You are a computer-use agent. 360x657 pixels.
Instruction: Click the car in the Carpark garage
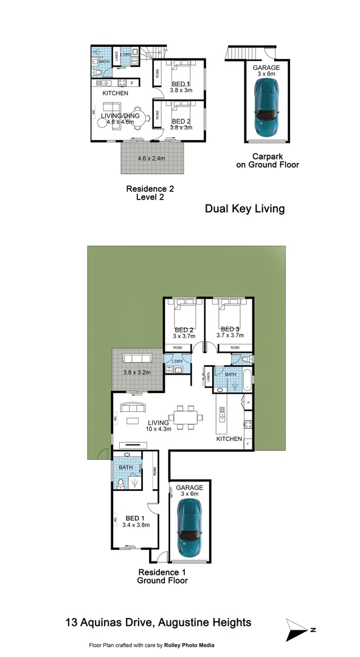tap(267, 108)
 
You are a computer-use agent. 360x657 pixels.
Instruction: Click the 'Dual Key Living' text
tap(244, 209)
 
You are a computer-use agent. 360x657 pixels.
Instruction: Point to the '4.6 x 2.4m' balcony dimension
tap(152, 159)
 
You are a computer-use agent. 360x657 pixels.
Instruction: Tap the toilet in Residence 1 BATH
tap(122, 484)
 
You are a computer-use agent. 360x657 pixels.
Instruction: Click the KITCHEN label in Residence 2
tap(115, 94)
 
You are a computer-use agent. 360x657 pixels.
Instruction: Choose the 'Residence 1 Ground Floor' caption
tap(163, 576)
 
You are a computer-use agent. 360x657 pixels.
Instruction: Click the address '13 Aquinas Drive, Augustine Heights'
tap(158, 622)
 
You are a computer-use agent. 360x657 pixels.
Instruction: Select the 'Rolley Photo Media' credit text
tap(189, 645)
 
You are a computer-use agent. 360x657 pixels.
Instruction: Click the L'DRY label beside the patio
tap(178, 362)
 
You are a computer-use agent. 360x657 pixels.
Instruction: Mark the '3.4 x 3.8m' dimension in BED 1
tap(136, 524)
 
